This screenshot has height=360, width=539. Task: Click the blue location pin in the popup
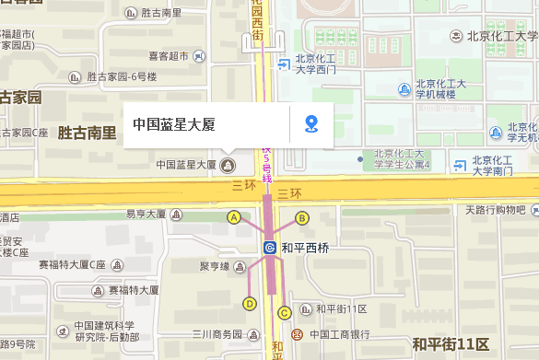[x=311, y=123]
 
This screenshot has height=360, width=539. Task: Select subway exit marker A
[x=234, y=217]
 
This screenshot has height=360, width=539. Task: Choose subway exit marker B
[x=301, y=217]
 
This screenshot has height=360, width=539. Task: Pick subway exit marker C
[x=284, y=312]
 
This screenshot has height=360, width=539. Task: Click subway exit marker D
[x=249, y=303]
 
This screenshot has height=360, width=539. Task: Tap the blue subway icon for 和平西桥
[x=270, y=248]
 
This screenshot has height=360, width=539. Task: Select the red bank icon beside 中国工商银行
[x=297, y=334]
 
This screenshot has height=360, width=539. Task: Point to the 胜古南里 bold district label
[x=87, y=133]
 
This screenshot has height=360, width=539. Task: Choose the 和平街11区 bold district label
[x=451, y=344]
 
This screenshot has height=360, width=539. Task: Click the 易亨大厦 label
[x=146, y=215]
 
